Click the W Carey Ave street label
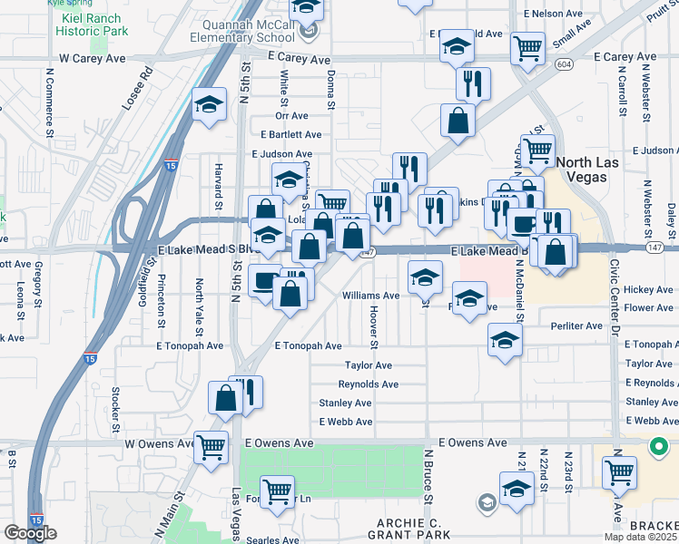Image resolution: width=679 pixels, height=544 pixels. click(92, 58)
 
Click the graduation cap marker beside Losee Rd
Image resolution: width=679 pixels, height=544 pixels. click(209, 104)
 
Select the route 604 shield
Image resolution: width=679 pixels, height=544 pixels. click(564, 64)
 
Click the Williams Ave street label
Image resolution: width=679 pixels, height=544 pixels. click(370, 296)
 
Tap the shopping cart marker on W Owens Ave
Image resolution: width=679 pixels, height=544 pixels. click(211, 445)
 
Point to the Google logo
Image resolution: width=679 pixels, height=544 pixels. click(29, 533)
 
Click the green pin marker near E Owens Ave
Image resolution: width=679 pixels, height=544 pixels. click(656, 446)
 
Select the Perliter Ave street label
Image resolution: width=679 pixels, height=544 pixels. click(576, 325)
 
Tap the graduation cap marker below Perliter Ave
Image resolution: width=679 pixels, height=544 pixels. click(505, 341)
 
